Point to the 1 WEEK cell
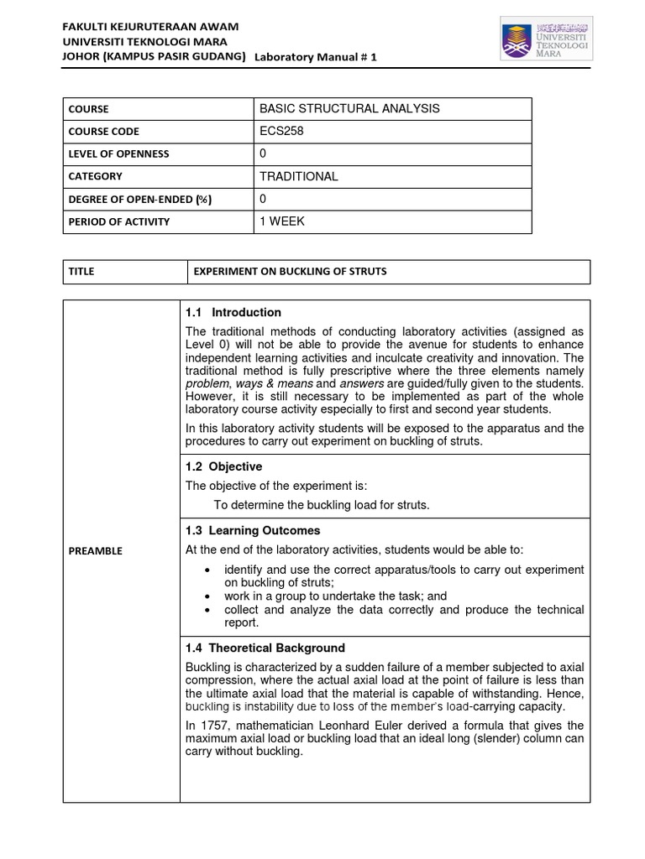tap(283, 221)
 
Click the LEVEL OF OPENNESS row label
tap(120, 154)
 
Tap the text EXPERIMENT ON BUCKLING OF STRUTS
tap(291, 273)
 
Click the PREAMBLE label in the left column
tap(97, 551)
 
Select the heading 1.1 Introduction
tap(233, 313)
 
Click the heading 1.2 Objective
tap(223, 466)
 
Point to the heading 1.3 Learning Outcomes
tap(252, 531)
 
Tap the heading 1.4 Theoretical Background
tap(265, 648)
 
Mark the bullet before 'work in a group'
tap(207, 596)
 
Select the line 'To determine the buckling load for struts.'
tap(322, 505)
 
